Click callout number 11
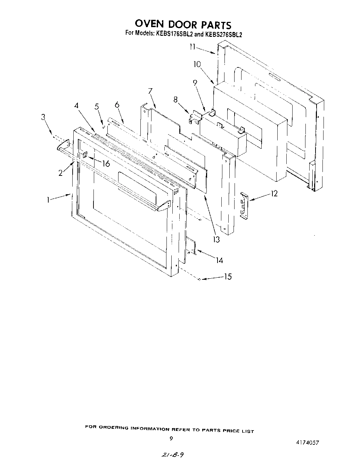(x=193, y=47)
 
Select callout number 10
(x=197, y=64)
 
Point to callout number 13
(x=216, y=239)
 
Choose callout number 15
(x=228, y=277)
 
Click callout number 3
(x=43, y=117)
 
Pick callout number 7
(x=150, y=91)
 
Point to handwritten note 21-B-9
(x=170, y=454)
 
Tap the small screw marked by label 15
(x=199, y=279)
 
